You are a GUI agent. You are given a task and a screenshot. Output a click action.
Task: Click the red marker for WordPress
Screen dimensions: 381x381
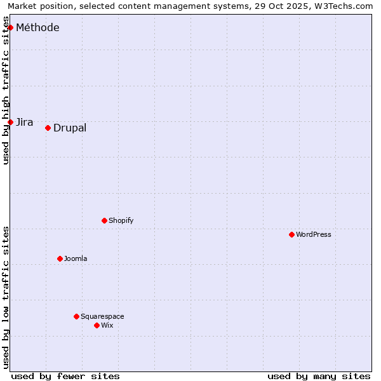coord(291,234)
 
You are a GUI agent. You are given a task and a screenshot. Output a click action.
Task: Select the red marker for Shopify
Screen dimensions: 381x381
coord(104,220)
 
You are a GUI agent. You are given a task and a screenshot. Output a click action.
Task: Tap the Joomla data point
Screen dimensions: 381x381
coord(60,258)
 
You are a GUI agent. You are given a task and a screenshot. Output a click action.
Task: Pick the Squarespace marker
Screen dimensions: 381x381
coord(76,316)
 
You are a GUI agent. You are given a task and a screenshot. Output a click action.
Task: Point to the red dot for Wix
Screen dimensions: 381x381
coord(97,325)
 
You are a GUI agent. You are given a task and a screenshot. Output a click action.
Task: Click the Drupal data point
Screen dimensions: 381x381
coord(48,128)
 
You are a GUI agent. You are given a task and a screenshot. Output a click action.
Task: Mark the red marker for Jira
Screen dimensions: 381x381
coord(10,122)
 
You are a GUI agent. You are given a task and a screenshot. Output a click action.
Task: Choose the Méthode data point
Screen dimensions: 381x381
coord(10,27)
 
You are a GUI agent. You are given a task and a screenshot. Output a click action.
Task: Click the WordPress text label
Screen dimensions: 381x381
coord(314,234)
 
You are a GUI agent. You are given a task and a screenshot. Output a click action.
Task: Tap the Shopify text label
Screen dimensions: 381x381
coord(121,220)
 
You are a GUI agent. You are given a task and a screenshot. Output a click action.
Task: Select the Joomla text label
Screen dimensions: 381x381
coord(76,258)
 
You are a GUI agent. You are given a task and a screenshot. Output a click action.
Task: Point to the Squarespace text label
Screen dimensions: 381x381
coord(102,316)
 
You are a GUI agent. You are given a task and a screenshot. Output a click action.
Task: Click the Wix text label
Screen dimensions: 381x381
coord(107,325)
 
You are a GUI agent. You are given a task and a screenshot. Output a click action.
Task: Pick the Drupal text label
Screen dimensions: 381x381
coord(70,128)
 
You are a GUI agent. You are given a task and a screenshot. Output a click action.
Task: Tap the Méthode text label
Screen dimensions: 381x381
coord(37,27)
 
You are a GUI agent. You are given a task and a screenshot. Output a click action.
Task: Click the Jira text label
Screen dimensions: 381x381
coord(25,122)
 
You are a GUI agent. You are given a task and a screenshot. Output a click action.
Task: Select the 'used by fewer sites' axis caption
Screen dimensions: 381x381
coord(65,376)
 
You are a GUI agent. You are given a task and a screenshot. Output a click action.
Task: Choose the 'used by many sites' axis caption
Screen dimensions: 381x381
coord(319,376)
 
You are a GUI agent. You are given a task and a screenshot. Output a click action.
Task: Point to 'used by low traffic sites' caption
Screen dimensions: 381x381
coord(6,297)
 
